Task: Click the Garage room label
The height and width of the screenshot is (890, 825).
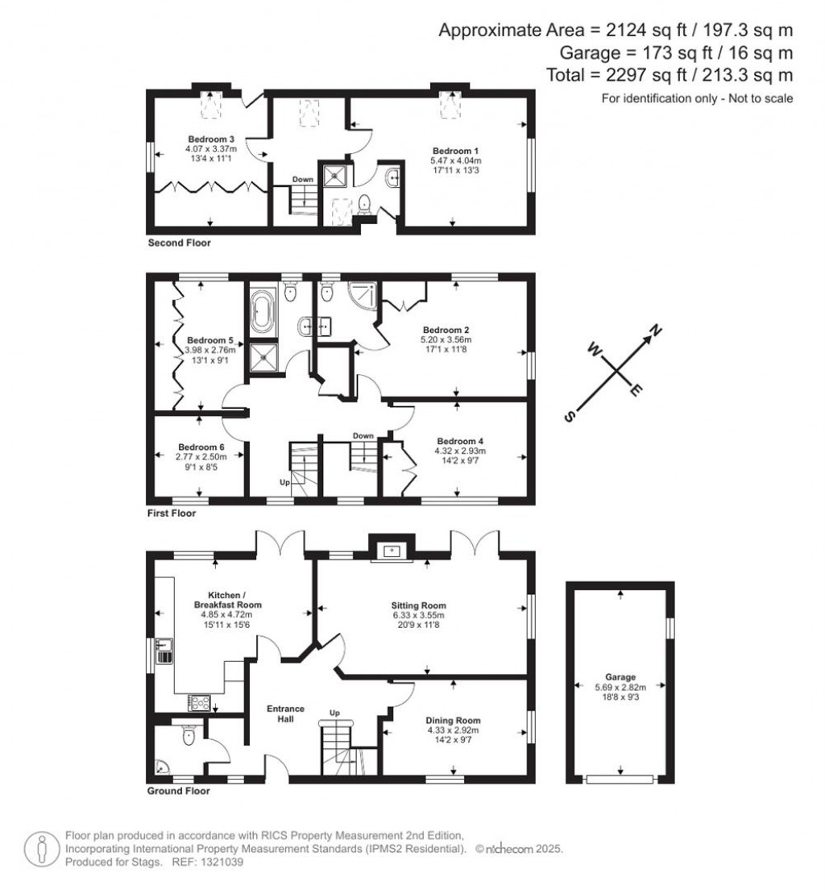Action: (620, 677)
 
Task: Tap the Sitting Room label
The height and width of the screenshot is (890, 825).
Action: (418, 605)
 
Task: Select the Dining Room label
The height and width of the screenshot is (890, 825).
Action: (454, 721)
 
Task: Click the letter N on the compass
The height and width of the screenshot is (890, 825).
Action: (656, 330)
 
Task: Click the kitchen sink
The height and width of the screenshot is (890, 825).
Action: (164, 650)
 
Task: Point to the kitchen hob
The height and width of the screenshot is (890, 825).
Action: (198, 702)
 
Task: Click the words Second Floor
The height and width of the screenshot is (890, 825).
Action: (179, 243)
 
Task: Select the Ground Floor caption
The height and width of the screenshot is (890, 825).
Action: (179, 791)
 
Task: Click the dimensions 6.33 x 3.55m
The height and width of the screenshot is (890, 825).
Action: (418, 616)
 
